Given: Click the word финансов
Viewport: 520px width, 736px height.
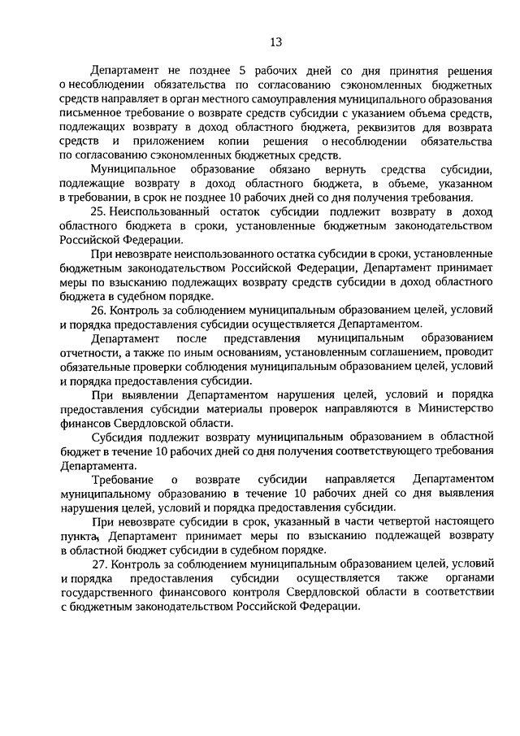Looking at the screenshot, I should point(84,423).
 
